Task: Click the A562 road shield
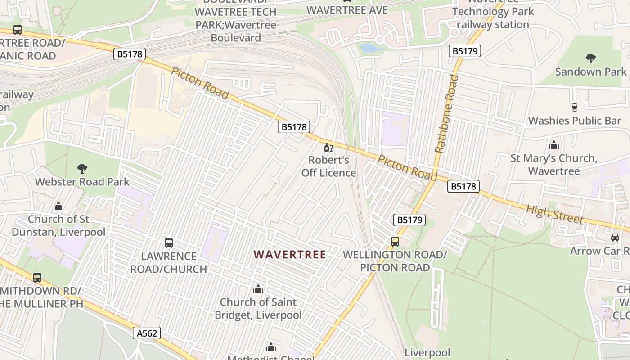(147, 333)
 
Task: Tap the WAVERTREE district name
(289, 254)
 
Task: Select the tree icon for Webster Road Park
(82, 169)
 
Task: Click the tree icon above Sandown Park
(590, 58)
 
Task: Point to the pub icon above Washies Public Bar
(574, 107)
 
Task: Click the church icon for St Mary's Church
(554, 145)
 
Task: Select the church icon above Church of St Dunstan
(58, 206)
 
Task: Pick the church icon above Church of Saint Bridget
(258, 288)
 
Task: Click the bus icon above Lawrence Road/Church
(169, 243)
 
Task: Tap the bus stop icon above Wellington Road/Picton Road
(395, 241)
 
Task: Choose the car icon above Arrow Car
(615, 237)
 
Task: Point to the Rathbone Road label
(446, 114)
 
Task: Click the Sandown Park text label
(590, 72)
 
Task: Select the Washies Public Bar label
(574, 121)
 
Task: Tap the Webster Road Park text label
(82, 182)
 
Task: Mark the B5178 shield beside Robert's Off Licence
(294, 127)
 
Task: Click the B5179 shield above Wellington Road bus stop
(409, 220)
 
